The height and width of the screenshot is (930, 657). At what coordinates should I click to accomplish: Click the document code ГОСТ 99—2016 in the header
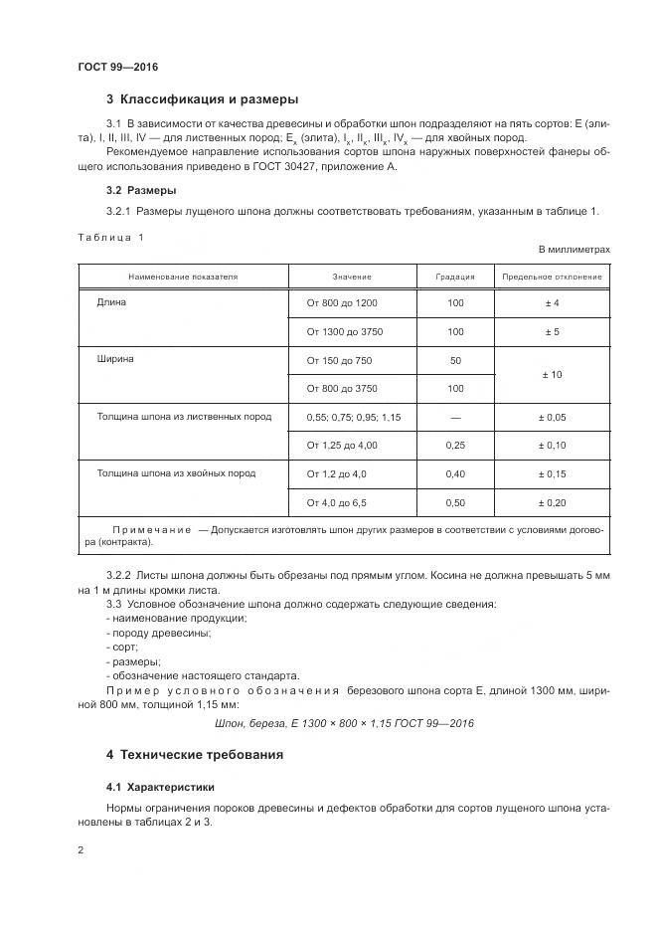pos(117,67)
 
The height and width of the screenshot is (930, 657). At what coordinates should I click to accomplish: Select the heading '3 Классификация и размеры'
pos(202,99)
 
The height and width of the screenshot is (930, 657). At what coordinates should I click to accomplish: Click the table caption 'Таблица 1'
pos(109,237)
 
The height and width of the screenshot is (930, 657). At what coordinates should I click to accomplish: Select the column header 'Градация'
pos(455,277)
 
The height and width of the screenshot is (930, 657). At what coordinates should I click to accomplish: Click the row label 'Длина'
pos(111,302)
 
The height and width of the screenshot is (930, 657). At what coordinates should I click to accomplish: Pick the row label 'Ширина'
pos(115,359)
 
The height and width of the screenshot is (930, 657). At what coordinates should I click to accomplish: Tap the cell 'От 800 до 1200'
pos(343,302)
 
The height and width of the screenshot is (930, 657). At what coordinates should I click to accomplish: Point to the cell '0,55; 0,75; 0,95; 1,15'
pos(354,417)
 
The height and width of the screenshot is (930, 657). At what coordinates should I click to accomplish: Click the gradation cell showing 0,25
pos(455,445)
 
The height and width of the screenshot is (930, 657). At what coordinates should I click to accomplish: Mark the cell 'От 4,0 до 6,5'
pos(337,502)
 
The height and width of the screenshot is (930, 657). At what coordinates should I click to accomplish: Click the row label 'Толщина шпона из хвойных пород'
pos(176,473)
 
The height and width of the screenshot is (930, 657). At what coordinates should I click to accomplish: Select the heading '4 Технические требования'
pos(194,755)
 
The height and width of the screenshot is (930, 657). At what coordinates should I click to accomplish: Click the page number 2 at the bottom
pos(80,851)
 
